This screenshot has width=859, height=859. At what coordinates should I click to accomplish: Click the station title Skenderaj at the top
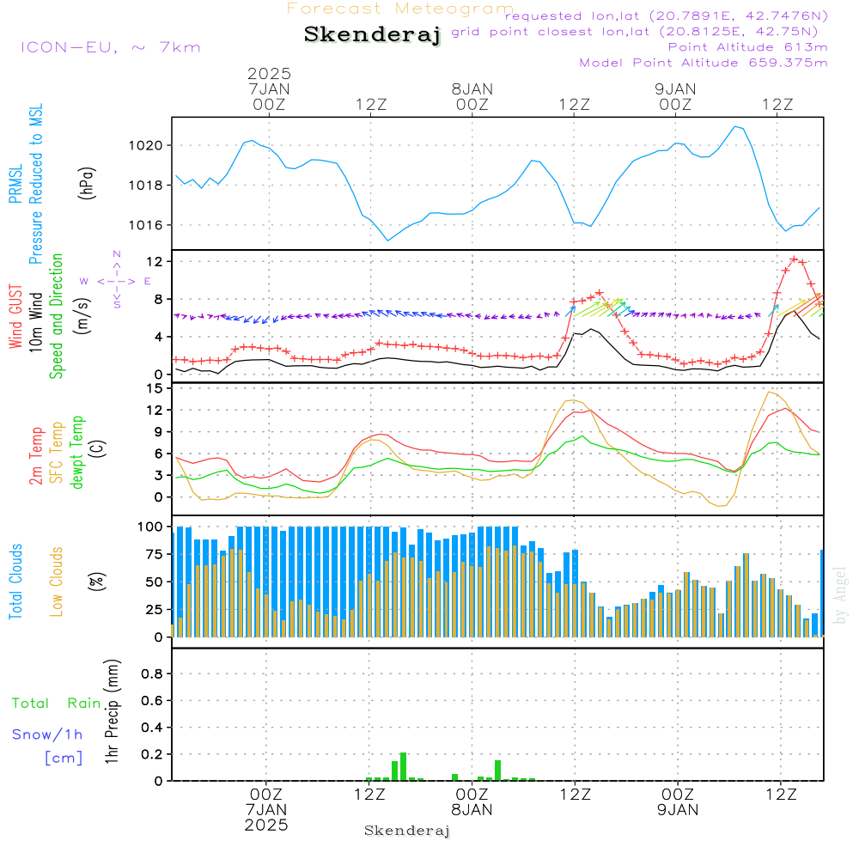[x=372, y=34]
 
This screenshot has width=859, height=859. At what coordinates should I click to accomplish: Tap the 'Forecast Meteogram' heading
[x=400, y=9]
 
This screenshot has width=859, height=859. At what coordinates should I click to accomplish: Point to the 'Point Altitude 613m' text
[x=747, y=46]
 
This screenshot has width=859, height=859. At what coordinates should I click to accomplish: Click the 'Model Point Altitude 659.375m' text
[x=704, y=62]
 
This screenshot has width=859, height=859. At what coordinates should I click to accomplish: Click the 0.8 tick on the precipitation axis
[x=151, y=674]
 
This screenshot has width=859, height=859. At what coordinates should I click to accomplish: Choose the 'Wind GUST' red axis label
[x=15, y=318]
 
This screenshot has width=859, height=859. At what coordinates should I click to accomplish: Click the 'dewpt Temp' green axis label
[x=77, y=454]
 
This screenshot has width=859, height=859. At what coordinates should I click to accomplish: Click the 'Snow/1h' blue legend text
[x=47, y=734]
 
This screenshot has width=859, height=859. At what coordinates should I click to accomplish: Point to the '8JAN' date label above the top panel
[x=472, y=88]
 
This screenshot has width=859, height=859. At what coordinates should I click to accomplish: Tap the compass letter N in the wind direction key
[x=117, y=254]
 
